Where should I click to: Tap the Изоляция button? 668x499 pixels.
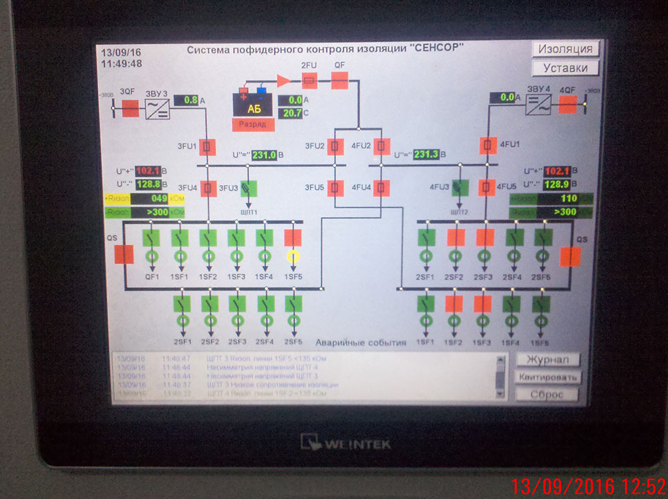tap(565, 49)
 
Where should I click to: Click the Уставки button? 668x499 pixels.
tap(565, 67)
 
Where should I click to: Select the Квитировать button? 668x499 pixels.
tap(548, 377)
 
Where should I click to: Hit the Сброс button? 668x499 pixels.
tap(548, 394)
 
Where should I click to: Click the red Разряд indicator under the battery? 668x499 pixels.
tap(253, 124)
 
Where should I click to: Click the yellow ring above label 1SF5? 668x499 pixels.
tap(293, 256)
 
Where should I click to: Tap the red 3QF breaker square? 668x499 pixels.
tap(130, 108)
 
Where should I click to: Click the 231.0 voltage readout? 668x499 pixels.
tap(264, 155)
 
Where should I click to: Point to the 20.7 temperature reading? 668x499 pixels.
tap(291, 113)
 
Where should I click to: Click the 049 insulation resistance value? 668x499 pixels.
tap(158, 198)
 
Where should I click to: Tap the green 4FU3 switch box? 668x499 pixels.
tap(460, 187)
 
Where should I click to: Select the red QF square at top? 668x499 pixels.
tap(339, 81)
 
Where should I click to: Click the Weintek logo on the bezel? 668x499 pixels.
tap(345, 442)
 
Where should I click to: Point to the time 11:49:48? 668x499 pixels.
tap(122, 63)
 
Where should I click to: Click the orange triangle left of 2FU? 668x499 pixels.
tap(284, 81)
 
